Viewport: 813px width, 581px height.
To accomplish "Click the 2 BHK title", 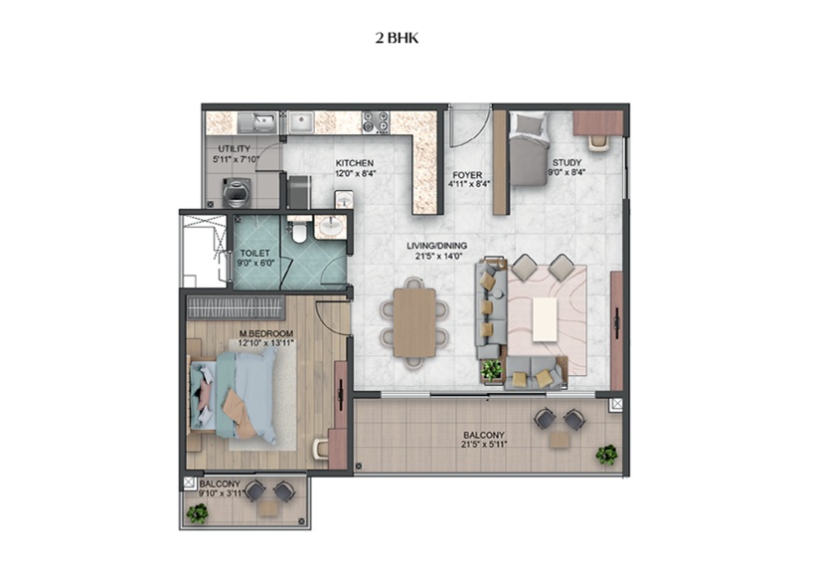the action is (x=397, y=39).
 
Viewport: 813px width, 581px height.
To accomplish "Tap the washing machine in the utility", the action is (x=237, y=192).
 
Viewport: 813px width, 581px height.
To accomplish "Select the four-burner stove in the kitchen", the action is (x=376, y=122).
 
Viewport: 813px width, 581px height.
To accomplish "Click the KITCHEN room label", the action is (x=354, y=163).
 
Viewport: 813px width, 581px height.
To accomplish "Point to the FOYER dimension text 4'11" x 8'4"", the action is (x=469, y=184).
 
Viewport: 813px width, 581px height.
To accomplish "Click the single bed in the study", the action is (x=529, y=149).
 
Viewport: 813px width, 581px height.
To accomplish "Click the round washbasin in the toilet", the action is (x=330, y=227).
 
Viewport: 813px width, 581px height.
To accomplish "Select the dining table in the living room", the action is (x=414, y=322).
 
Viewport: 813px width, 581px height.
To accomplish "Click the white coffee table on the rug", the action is (x=545, y=319).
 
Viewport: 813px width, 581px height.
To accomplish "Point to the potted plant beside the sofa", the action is (x=492, y=371).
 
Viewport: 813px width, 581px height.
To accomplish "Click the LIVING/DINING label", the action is (x=436, y=246).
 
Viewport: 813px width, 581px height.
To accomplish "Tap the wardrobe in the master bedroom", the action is (x=236, y=307).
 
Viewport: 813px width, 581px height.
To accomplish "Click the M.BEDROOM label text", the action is (x=266, y=333).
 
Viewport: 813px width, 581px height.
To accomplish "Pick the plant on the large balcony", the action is (x=606, y=455).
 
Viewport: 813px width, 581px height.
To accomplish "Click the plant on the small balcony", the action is (x=197, y=514).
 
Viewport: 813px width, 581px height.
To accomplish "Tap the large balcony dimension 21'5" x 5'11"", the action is (x=484, y=444).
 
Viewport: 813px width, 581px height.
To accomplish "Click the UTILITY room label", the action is (x=234, y=149).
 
